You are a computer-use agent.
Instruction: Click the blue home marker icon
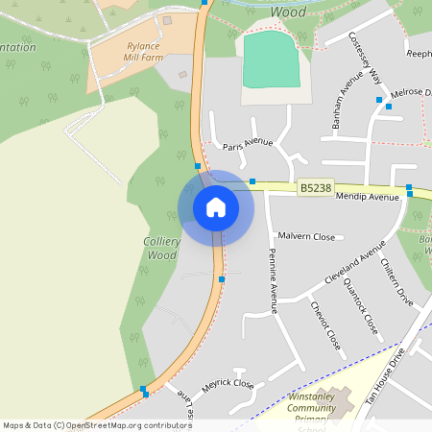pyautogui.click(x=216, y=207)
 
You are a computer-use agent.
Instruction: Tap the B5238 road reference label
pyautogui.click(x=315, y=189)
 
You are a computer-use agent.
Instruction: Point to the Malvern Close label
pyautogui.click(x=306, y=236)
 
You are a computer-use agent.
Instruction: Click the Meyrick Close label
pyautogui.click(x=228, y=383)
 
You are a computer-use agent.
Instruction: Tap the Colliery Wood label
pyautogui.click(x=160, y=249)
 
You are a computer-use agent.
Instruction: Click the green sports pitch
pyautogui.click(x=272, y=60)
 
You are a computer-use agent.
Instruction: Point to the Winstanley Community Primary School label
pyautogui.click(x=312, y=411)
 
